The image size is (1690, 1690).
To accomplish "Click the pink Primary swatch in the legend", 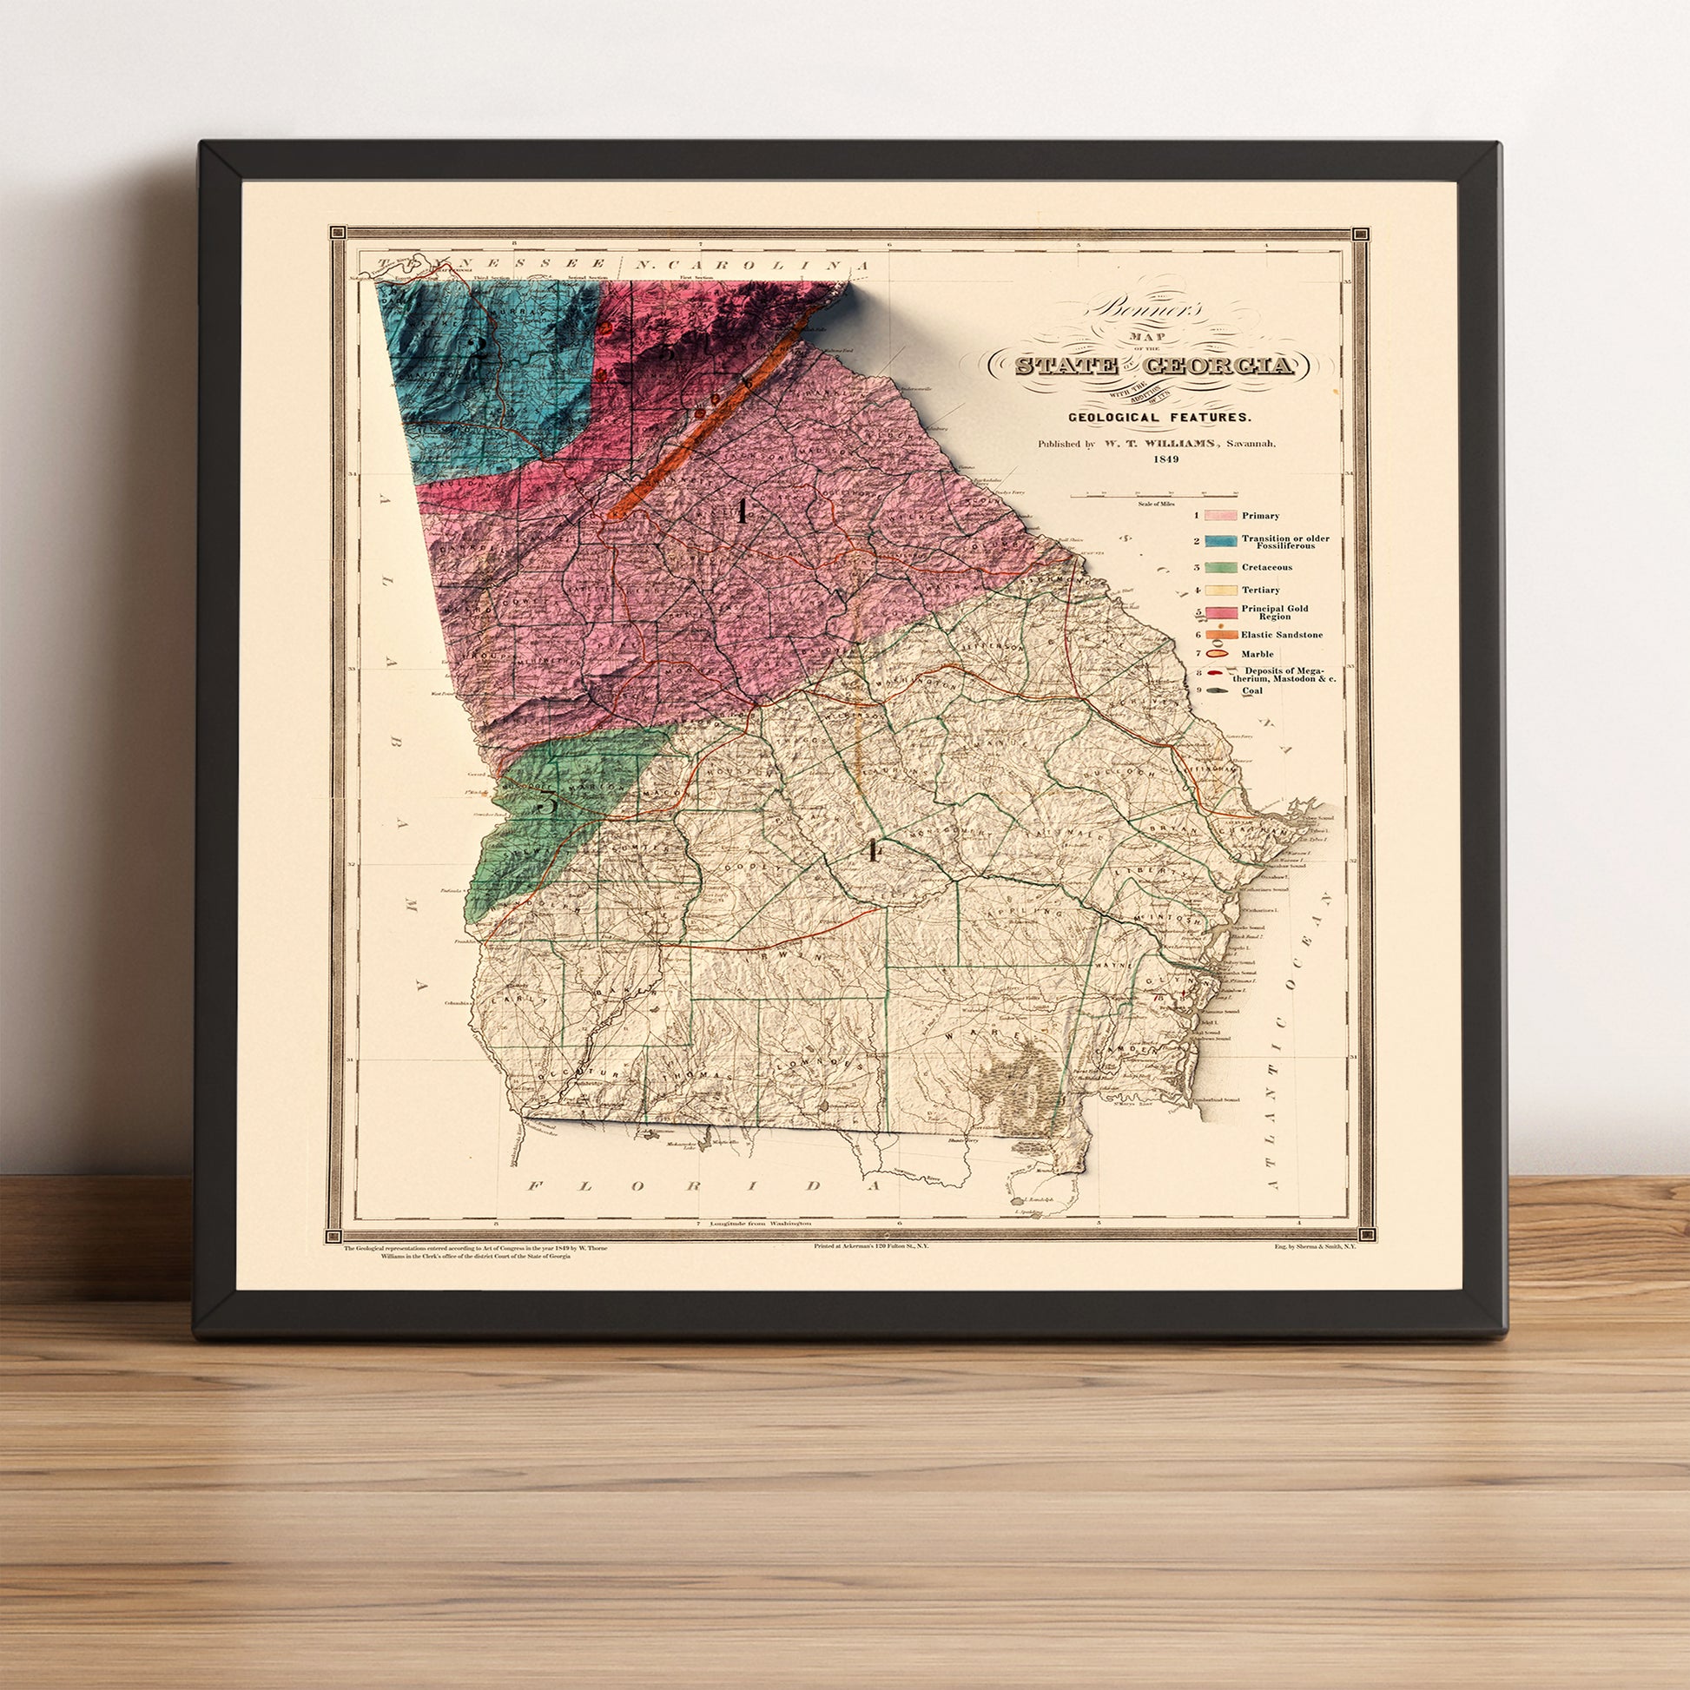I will (x=1219, y=516).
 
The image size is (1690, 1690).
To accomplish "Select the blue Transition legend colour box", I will (x=1219, y=542).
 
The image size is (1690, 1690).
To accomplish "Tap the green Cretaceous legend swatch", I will (x=1219, y=567).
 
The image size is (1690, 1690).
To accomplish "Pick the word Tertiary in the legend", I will (x=1260, y=590).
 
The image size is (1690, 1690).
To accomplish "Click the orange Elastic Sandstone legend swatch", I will (x=1219, y=634).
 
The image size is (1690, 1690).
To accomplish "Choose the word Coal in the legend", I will (x=1250, y=690).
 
